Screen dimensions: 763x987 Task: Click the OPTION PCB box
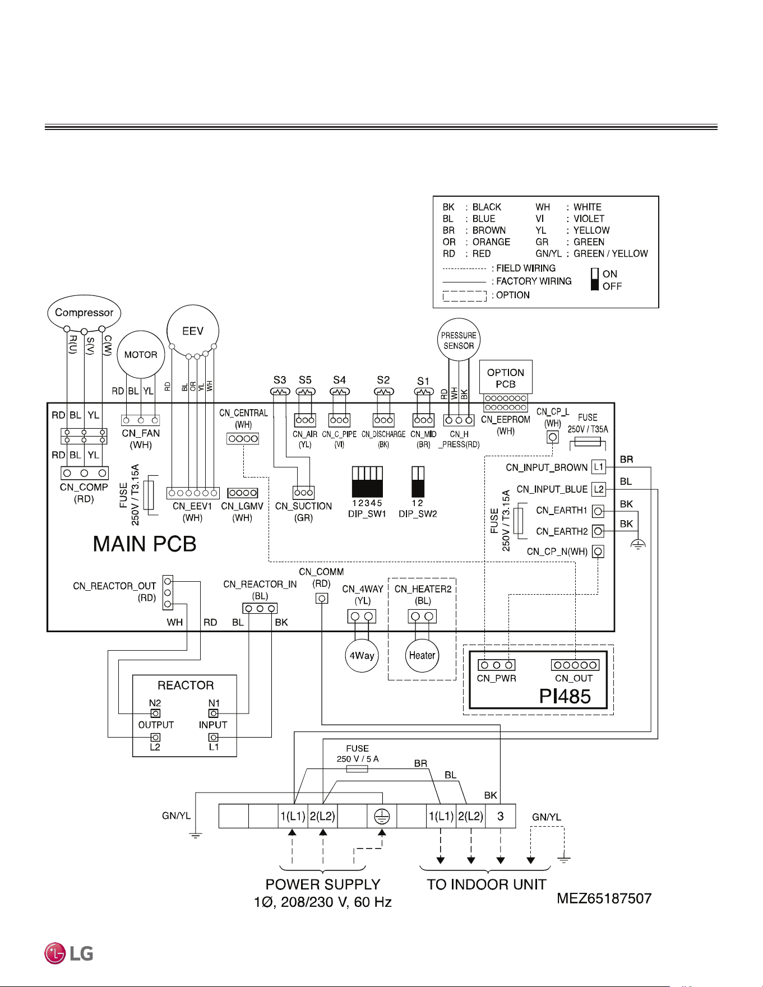click(506, 378)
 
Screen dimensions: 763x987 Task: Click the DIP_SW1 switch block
click(367, 481)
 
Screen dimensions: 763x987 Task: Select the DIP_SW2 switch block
click(418, 481)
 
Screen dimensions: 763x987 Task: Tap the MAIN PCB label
click(145, 544)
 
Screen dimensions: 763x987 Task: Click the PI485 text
click(565, 696)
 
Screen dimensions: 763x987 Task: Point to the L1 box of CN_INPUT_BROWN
click(599, 467)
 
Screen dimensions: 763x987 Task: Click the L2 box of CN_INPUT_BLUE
click(599, 489)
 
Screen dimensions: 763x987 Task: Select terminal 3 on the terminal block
click(501, 816)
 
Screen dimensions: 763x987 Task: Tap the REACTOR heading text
click(186, 685)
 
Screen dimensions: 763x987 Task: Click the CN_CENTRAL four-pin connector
click(243, 438)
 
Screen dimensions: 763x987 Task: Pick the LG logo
click(69, 953)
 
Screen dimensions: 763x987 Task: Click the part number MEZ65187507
click(604, 898)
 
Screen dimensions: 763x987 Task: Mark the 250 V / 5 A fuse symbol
click(357, 769)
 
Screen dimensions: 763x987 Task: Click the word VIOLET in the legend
click(589, 219)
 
